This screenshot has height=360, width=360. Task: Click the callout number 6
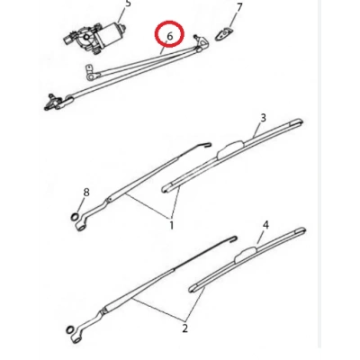point(170,36)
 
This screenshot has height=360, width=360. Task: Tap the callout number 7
point(239,8)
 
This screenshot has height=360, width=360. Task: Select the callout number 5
point(129,3)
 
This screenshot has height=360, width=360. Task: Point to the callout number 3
point(263,118)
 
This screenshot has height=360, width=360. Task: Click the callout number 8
point(86,192)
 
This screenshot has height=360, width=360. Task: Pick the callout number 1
point(172,225)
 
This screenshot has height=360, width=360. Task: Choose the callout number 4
point(265,225)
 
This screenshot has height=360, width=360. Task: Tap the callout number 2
point(184,328)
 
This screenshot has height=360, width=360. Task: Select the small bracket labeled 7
point(224,34)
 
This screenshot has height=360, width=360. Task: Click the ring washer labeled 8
point(75,216)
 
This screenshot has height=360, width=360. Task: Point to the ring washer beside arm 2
point(69,329)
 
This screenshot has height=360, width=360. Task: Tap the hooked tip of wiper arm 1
point(208,145)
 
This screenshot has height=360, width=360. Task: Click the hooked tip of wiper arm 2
point(233,238)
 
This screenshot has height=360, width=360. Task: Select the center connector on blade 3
point(231,148)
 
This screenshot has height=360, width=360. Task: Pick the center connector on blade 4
point(247,253)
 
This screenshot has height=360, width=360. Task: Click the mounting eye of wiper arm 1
point(80,227)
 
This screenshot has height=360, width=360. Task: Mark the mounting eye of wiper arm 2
point(75,340)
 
